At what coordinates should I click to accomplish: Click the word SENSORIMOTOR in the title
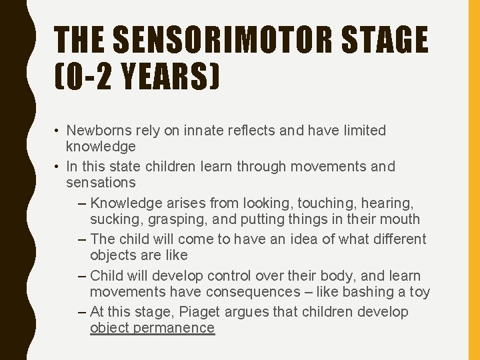pyautogui.click(x=211, y=41)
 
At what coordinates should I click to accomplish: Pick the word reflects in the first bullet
pyautogui.click(x=253, y=131)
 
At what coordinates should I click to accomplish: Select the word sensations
pyautogui.click(x=101, y=182)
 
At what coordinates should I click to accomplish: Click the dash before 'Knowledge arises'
pyautogui.click(x=81, y=203)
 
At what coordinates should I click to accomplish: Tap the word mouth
pyautogui.click(x=400, y=219)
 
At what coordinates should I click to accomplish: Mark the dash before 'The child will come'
pyautogui.click(x=81, y=239)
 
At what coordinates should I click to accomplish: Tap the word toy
pyautogui.click(x=419, y=291)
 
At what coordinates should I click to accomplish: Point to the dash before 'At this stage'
pyautogui.click(x=81, y=312)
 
